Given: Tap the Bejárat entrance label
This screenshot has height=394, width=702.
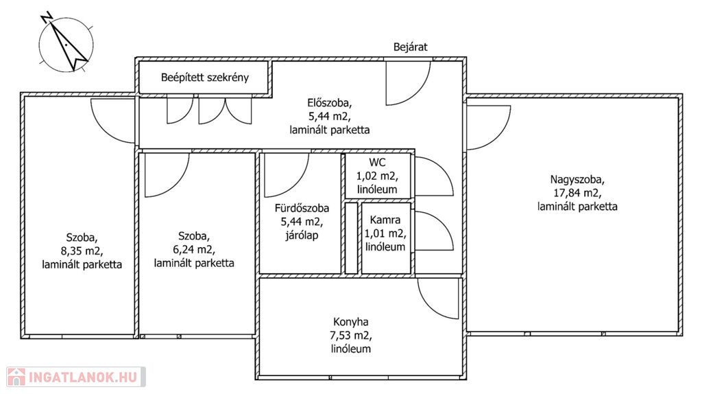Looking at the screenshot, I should pyautogui.click(x=411, y=47).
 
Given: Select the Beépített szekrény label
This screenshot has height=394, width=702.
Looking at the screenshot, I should pyautogui.click(x=205, y=78).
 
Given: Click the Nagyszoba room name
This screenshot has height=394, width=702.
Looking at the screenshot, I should pyautogui.click(x=578, y=180).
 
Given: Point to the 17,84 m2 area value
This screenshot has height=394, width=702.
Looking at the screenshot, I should pyautogui.click(x=578, y=193).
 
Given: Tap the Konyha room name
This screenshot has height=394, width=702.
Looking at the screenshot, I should pyautogui.click(x=351, y=322).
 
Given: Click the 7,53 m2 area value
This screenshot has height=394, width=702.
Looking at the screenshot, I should pyautogui.click(x=351, y=336).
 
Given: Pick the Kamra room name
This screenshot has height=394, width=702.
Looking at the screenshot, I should pyautogui.click(x=385, y=220).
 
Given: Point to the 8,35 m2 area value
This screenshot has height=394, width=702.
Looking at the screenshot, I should pyautogui.click(x=82, y=250).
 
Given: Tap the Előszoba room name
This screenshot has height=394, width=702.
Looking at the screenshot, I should pyautogui.click(x=330, y=103).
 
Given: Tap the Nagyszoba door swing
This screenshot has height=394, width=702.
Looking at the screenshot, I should pyautogui.click(x=484, y=125).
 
